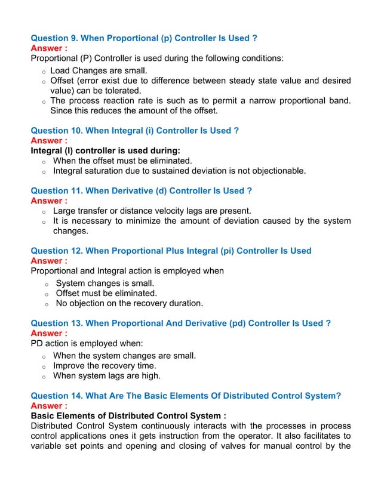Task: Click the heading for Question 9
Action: pos(143,38)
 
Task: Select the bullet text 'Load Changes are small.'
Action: pos(99,71)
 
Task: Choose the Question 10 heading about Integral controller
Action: pos(134,131)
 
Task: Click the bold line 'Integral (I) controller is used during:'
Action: pos(105,150)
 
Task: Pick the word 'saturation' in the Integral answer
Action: pos(109,171)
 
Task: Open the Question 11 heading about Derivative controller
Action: pos(141,191)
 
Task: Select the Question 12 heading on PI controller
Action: pos(171,251)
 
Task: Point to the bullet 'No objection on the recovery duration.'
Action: pos(129,303)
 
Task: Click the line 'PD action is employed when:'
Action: pos(87,343)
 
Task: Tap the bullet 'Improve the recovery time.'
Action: pos(105,365)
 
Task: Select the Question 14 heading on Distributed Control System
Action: pos(185,395)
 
